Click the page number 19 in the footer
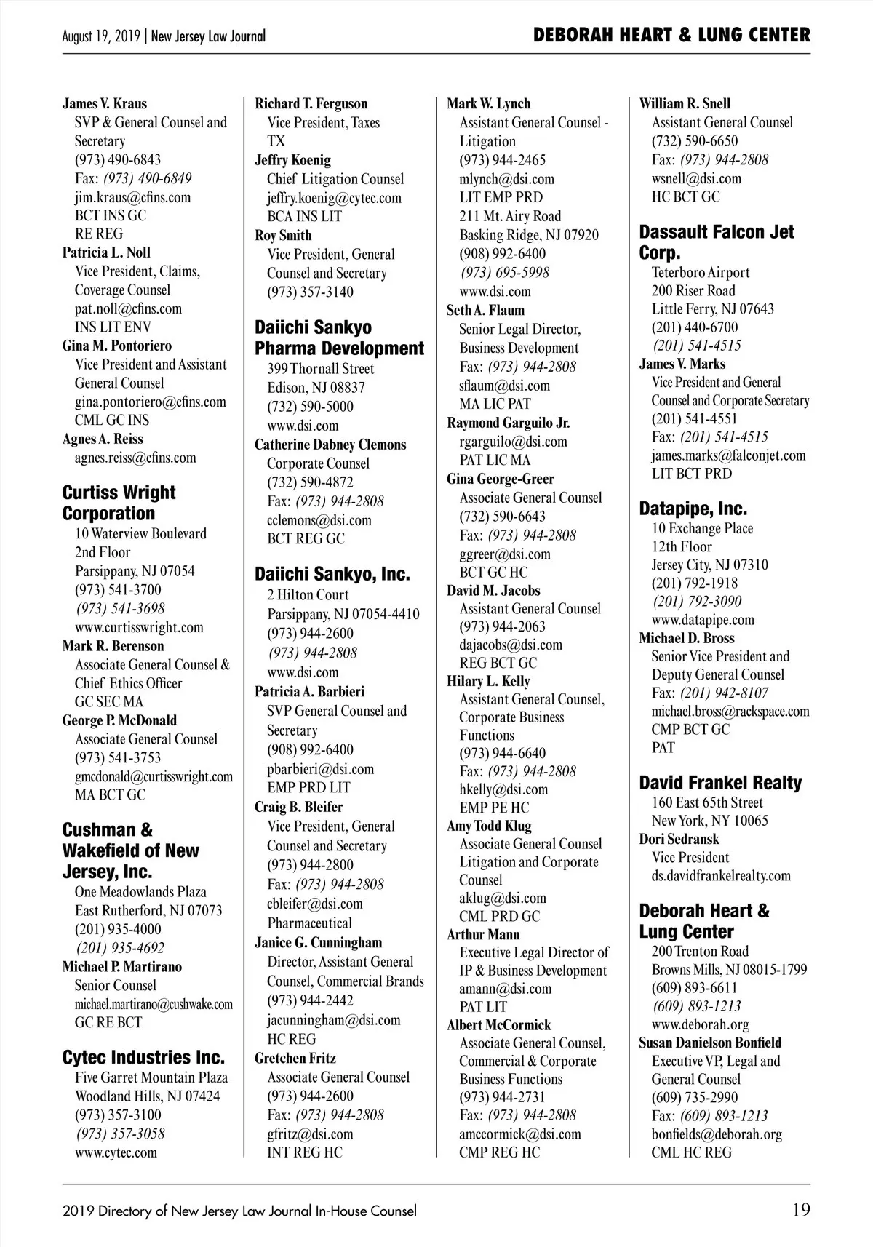[x=800, y=1211]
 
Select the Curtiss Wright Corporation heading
[x=119, y=503]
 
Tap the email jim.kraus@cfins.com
[x=132, y=197]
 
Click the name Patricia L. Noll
[x=106, y=252]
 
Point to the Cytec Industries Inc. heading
[x=143, y=1057]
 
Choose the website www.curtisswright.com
[x=139, y=627]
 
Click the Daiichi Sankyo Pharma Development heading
[x=339, y=338]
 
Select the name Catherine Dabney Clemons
[x=330, y=445]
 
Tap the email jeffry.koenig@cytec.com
[x=334, y=198]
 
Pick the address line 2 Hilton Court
[x=308, y=595]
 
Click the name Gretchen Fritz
[x=295, y=1058]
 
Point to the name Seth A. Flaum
[x=485, y=310]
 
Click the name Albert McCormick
[x=498, y=1025]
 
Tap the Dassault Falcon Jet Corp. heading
[x=717, y=242]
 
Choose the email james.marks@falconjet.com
[x=728, y=455]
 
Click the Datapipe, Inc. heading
[x=693, y=509]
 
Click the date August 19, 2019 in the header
[x=103, y=36]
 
